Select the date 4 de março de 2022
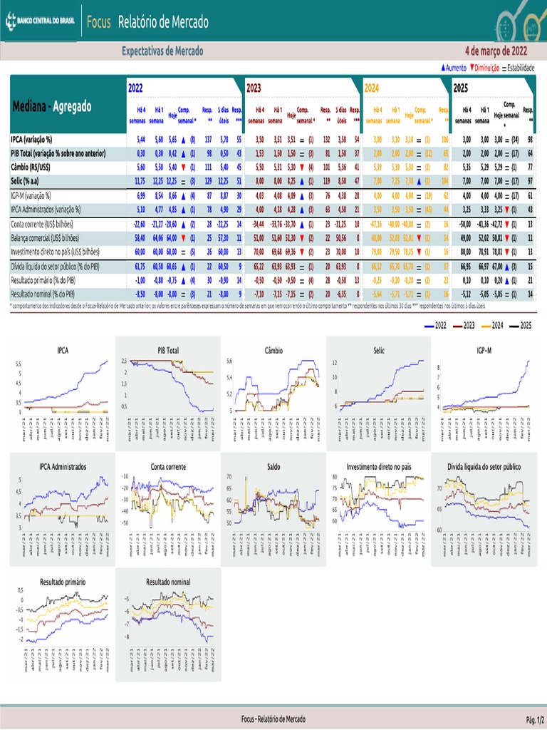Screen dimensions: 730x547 point(496,51)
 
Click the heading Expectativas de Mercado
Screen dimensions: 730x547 point(162,51)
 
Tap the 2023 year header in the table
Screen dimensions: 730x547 point(254,88)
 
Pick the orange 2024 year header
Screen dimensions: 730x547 point(372,88)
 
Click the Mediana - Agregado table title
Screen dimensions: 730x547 point(52,107)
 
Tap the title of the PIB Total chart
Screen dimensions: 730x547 point(168,350)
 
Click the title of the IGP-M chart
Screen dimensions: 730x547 point(484,350)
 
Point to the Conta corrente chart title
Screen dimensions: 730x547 point(168,466)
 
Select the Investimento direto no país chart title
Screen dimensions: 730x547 point(379,466)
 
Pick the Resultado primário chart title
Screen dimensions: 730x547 point(63,582)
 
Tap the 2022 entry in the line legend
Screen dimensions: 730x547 point(437,324)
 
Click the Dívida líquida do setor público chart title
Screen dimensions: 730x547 point(484,466)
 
